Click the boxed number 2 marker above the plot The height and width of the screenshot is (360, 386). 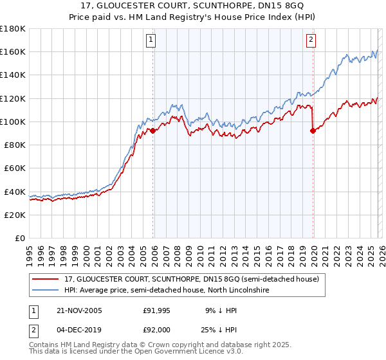click(x=311, y=40)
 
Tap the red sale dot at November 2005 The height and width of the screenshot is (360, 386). click(x=153, y=130)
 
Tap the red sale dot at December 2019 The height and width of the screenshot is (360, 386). click(x=313, y=130)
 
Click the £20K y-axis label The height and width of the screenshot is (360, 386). click(x=14, y=215)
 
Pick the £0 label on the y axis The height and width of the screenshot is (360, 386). click(x=20, y=238)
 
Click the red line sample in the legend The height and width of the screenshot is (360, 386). click(x=46, y=280)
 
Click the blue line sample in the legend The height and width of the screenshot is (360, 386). click(x=46, y=291)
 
